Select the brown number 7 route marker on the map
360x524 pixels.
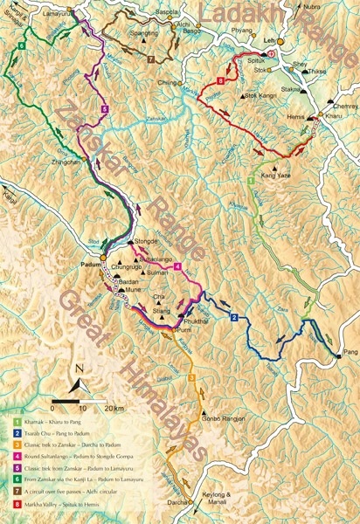tap(151, 59)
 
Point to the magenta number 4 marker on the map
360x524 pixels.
tap(177, 266)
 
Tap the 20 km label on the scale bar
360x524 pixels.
tap(112, 408)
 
